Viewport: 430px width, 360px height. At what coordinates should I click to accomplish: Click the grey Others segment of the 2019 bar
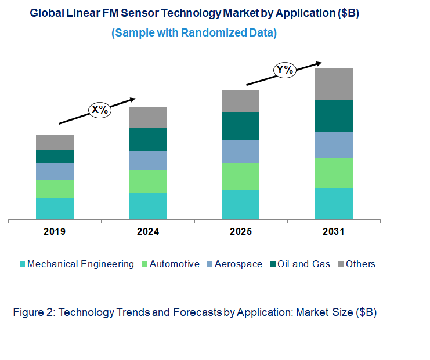(x=55, y=143)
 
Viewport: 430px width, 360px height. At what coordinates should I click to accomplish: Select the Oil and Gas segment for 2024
(x=148, y=139)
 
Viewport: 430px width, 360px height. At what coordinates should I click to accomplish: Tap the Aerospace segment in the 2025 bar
(x=241, y=152)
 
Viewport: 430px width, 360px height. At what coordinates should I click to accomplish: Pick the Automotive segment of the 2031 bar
(x=334, y=173)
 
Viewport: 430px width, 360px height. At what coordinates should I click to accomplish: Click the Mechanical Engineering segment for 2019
(x=55, y=209)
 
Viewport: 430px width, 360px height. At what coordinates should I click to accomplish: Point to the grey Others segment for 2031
(x=334, y=84)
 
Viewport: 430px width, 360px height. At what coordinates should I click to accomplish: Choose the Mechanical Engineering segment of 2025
(x=241, y=205)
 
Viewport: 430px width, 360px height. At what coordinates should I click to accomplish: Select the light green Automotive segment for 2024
(x=148, y=181)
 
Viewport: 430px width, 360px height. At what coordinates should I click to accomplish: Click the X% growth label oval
(x=99, y=109)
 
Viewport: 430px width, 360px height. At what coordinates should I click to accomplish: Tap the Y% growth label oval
(x=285, y=71)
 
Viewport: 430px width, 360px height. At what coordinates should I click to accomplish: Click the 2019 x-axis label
(x=55, y=232)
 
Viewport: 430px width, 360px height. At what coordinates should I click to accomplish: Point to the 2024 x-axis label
(x=148, y=232)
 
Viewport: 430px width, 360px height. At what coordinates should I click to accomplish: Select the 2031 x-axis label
(x=334, y=232)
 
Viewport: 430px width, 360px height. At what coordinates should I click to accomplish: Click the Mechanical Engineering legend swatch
(x=23, y=264)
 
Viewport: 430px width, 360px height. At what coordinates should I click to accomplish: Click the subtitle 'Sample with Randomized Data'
(x=194, y=33)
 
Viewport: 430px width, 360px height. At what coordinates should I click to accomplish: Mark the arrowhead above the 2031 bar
(x=318, y=63)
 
